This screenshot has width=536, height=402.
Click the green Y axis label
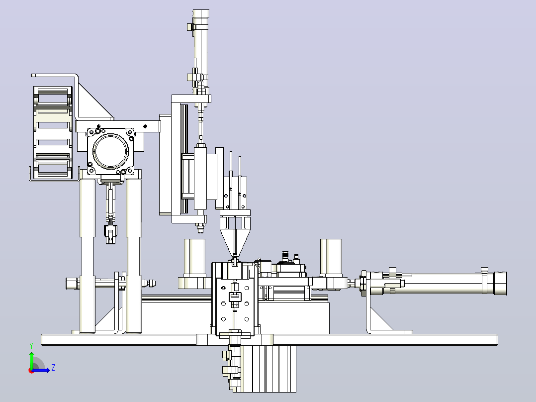(31, 346)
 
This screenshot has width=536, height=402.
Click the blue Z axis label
(53, 368)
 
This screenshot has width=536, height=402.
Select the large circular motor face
(110, 151)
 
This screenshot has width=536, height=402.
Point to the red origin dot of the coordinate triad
(31, 371)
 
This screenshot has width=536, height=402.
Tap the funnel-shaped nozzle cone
(235, 241)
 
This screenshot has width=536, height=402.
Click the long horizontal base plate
(269, 340)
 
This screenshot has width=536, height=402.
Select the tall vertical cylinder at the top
(201, 51)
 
